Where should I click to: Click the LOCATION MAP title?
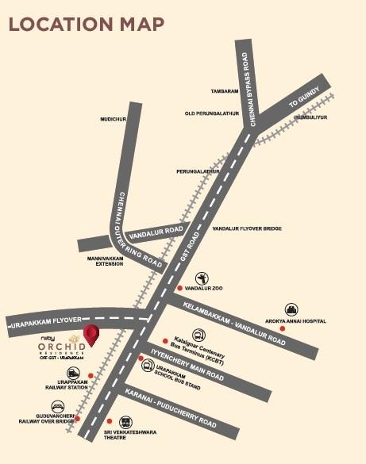[87, 23]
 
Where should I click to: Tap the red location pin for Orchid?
[92, 335]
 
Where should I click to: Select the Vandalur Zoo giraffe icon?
[202, 278]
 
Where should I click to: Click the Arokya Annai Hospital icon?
[292, 310]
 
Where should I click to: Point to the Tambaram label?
[225, 91]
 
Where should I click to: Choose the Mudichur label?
[114, 119]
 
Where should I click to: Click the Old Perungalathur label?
[212, 113]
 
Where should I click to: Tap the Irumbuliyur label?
[310, 117]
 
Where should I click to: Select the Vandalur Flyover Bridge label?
[248, 228]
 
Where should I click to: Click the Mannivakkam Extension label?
[105, 261]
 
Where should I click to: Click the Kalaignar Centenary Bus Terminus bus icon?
[198, 335]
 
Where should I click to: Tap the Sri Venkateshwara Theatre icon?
[125, 422]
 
